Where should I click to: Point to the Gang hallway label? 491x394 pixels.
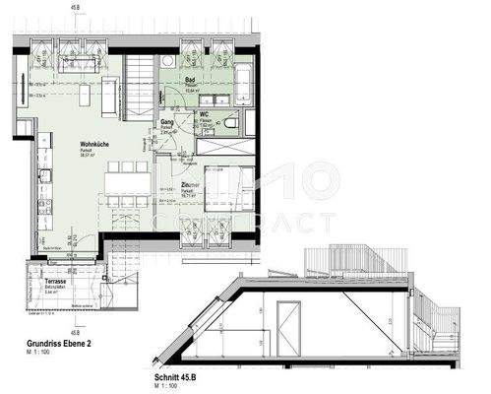[167, 123]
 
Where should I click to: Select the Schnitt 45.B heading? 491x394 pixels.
[181, 375]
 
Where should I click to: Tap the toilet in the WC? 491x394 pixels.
[228, 123]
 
